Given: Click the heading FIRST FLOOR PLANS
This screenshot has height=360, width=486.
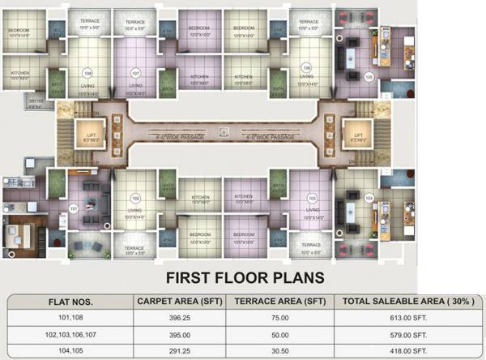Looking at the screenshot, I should (245, 278).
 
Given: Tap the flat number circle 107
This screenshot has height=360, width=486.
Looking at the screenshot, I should (135, 71).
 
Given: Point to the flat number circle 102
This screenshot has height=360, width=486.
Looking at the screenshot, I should (135, 197).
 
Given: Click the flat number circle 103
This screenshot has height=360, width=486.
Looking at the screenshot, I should (311, 197).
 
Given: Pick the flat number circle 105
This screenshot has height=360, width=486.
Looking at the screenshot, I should (368, 77).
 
